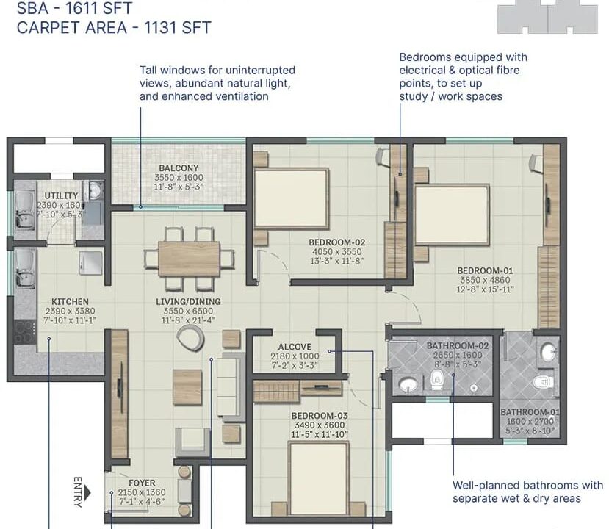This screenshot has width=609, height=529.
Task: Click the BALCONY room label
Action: click(x=179, y=168)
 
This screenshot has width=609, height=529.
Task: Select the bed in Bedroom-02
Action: click(x=292, y=198)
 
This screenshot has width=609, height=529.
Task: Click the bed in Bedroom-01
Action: click(x=452, y=215)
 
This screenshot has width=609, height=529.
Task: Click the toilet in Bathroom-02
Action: click(x=437, y=379)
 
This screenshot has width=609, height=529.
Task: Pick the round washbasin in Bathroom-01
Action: click(x=549, y=352)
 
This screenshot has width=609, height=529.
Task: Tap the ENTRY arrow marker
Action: click(x=87, y=493)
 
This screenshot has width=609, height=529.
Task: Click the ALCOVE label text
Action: click(x=295, y=347)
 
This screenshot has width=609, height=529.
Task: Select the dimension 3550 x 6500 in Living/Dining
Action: click(x=188, y=311)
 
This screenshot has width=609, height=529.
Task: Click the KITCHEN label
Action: click(x=70, y=302)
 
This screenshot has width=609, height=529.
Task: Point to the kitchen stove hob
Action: click(x=19, y=332)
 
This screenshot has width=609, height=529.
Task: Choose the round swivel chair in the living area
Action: click(x=190, y=337)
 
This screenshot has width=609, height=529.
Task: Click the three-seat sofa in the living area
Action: click(x=231, y=388)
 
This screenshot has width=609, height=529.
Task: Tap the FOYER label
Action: click(x=142, y=483)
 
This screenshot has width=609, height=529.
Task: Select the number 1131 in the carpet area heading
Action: click(x=160, y=28)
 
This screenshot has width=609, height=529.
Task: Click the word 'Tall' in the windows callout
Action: click(x=148, y=71)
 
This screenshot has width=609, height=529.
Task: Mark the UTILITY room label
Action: click(x=61, y=195)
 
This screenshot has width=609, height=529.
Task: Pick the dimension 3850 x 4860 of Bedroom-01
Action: click(x=485, y=280)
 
